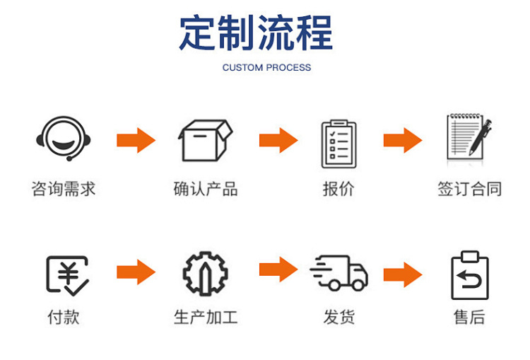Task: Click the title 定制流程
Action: [x=255, y=33]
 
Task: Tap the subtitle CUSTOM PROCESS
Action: [x=266, y=68]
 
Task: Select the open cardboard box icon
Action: [x=205, y=141]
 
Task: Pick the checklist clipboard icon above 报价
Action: [x=339, y=144]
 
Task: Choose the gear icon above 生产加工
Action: [x=205, y=273]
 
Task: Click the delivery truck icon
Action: [x=339, y=272]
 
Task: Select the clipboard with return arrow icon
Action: [x=469, y=275]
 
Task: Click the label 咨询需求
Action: [x=63, y=189]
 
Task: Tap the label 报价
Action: [x=338, y=189]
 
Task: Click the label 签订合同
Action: [x=469, y=189]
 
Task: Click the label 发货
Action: [x=338, y=317]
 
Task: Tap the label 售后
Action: [x=469, y=317]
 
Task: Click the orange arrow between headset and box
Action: [x=136, y=140]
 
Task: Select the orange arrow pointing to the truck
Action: [x=278, y=269]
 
